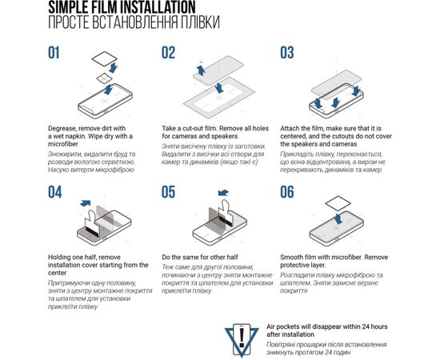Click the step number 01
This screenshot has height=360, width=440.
coord(54,53)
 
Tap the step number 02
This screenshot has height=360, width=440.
coord(168,53)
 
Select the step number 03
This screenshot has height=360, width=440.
coord(286,53)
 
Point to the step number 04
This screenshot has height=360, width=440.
coord(54,192)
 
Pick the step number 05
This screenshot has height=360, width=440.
coord(168,192)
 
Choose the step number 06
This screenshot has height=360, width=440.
coord(286,192)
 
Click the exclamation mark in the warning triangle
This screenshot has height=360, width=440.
coord(242,337)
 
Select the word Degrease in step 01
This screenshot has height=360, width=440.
coord(62,129)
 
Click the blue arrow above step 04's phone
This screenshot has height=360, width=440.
coord(86,203)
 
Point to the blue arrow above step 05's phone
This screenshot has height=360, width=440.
coord(223,193)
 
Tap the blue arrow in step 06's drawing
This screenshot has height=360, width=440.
coord(338,218)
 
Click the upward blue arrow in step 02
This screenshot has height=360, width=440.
coord(201,70)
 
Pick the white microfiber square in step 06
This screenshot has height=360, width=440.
coord(338,203)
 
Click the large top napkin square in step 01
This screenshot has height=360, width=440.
coord(105,58)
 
